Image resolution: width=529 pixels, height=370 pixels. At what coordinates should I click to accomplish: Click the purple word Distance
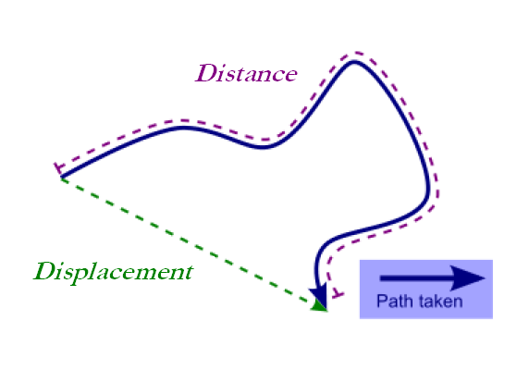[246, 73]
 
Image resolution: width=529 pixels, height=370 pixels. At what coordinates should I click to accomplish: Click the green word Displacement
[114, 272]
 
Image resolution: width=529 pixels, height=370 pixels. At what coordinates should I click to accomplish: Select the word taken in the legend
[440, 301]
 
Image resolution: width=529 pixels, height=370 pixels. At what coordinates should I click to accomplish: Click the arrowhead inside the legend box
[467, 277]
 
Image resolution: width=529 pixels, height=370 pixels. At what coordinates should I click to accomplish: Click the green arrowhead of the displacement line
[318, 304]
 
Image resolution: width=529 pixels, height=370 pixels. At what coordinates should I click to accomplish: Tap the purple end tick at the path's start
[59, 167]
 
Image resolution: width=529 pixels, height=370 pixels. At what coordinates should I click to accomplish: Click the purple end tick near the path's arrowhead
[338, 293]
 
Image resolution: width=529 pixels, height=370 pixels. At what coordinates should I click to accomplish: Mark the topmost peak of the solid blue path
[354, 61]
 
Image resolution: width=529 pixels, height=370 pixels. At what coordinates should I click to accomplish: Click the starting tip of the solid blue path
[62, 176]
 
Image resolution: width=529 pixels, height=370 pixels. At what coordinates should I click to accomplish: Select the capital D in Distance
[206, 73]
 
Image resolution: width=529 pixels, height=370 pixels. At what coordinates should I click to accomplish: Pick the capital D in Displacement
[45, 271]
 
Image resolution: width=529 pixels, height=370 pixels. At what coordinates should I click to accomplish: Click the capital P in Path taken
[382, 301]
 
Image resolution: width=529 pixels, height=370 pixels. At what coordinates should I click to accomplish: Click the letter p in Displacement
[77, 275]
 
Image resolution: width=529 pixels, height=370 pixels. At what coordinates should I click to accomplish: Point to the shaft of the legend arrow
[415, 277]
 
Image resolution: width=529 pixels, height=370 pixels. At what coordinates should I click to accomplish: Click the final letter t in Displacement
[189, 273]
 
